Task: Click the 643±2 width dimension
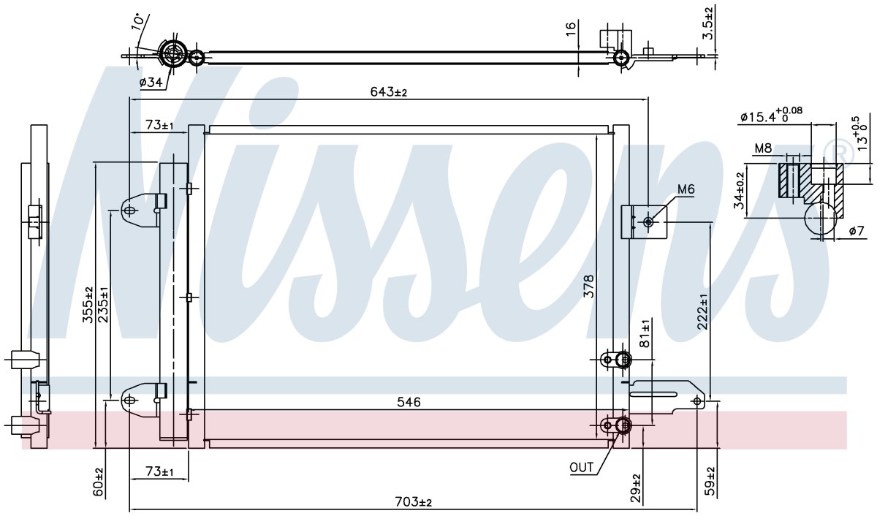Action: pyautogui.click(x=388, y=92)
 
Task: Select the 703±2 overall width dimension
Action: pyautogui.click(x=414, y=502)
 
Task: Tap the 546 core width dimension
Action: pyautogui.click(x=409, y=402)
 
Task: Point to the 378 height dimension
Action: pyautogui.click(x=589, y=287)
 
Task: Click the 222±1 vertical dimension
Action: pyautogui.click(x=703, y=311)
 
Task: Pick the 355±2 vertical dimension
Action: pyautogui.click(x=88, y=306)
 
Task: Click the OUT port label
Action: pyautogui.click(x=582, y=468)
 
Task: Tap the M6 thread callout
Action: pyautogui.click(x=686, y=189)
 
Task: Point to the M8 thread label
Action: pyautogui.click(x=763, y=148)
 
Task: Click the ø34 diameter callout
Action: pyautogui.click(x=151, y=82)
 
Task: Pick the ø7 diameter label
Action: pyautogui.click(x=857, y=232)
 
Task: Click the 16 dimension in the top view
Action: pyautogui.click(x=571, y=29)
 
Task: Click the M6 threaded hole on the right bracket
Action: pyautogui.click(x=648, y=222)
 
